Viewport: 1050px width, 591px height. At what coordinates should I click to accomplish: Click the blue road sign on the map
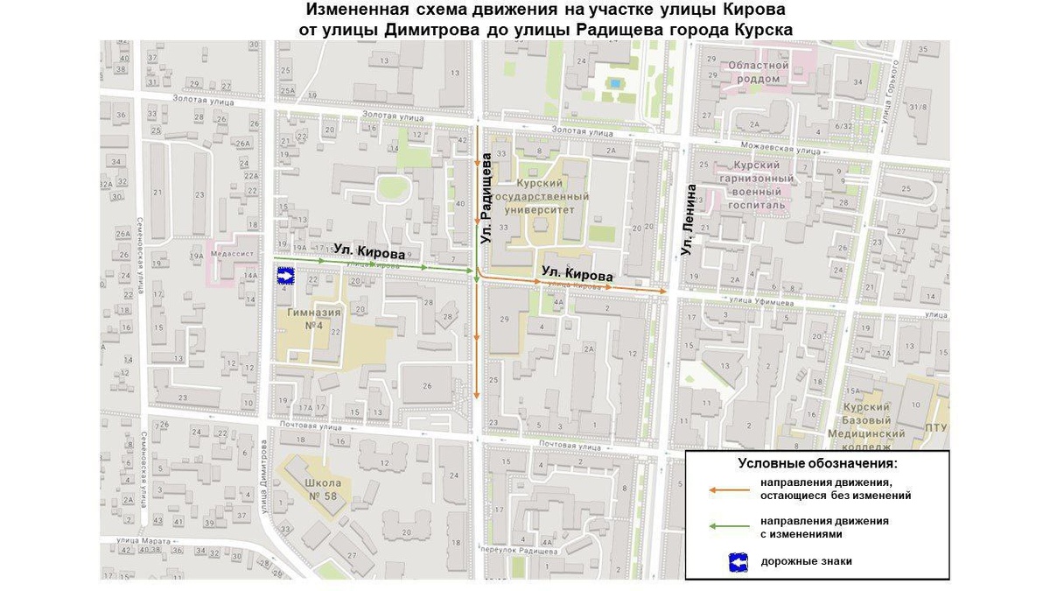[x=285, y=276]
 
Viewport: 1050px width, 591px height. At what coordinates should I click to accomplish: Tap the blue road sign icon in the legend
[x=738, y=561]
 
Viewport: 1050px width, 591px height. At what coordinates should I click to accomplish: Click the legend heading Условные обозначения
[x=817, y=463]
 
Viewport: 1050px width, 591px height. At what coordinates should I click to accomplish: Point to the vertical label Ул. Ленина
[x=689, y=220]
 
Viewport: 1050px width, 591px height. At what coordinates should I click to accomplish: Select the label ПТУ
[x=935, y=426]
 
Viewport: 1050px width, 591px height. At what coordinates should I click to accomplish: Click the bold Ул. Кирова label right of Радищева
[x=574, y=273]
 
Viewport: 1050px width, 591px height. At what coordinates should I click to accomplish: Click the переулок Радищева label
[x=522, y=552]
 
